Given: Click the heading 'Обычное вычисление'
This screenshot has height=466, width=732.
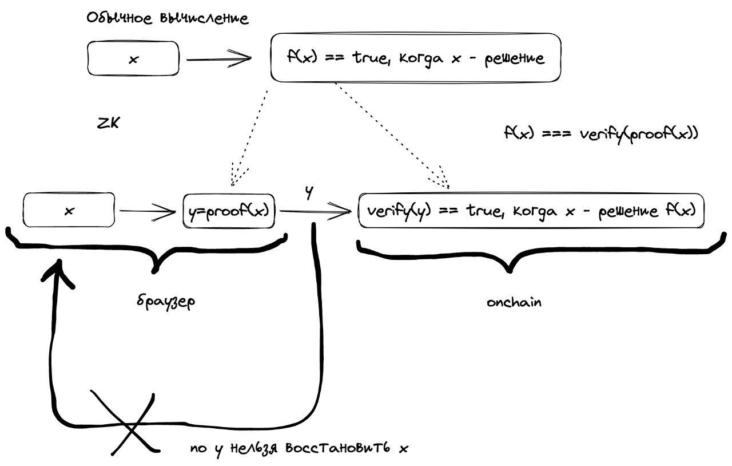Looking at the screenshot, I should (x=168, y=18).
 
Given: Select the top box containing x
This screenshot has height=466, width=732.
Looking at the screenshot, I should (x=133, y=59).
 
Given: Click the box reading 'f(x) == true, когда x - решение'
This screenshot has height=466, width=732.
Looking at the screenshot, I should (x=415, y=58).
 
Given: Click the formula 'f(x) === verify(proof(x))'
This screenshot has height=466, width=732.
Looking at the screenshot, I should (x=600, y=133).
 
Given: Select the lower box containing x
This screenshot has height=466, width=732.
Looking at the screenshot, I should (x=69, y=211).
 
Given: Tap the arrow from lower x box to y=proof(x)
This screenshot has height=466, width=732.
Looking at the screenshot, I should (x=148, y=212).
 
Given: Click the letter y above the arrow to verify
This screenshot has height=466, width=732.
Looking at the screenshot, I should (x=309, y=193).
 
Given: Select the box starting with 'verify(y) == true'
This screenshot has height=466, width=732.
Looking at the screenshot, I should (x=531, y=211).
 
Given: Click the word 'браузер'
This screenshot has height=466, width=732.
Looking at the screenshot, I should (x=166, y=301).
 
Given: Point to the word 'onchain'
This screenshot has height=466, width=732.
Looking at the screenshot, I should (x=514, y=302).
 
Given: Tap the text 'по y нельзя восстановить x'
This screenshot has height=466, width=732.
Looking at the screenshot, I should (x=299, y=448).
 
